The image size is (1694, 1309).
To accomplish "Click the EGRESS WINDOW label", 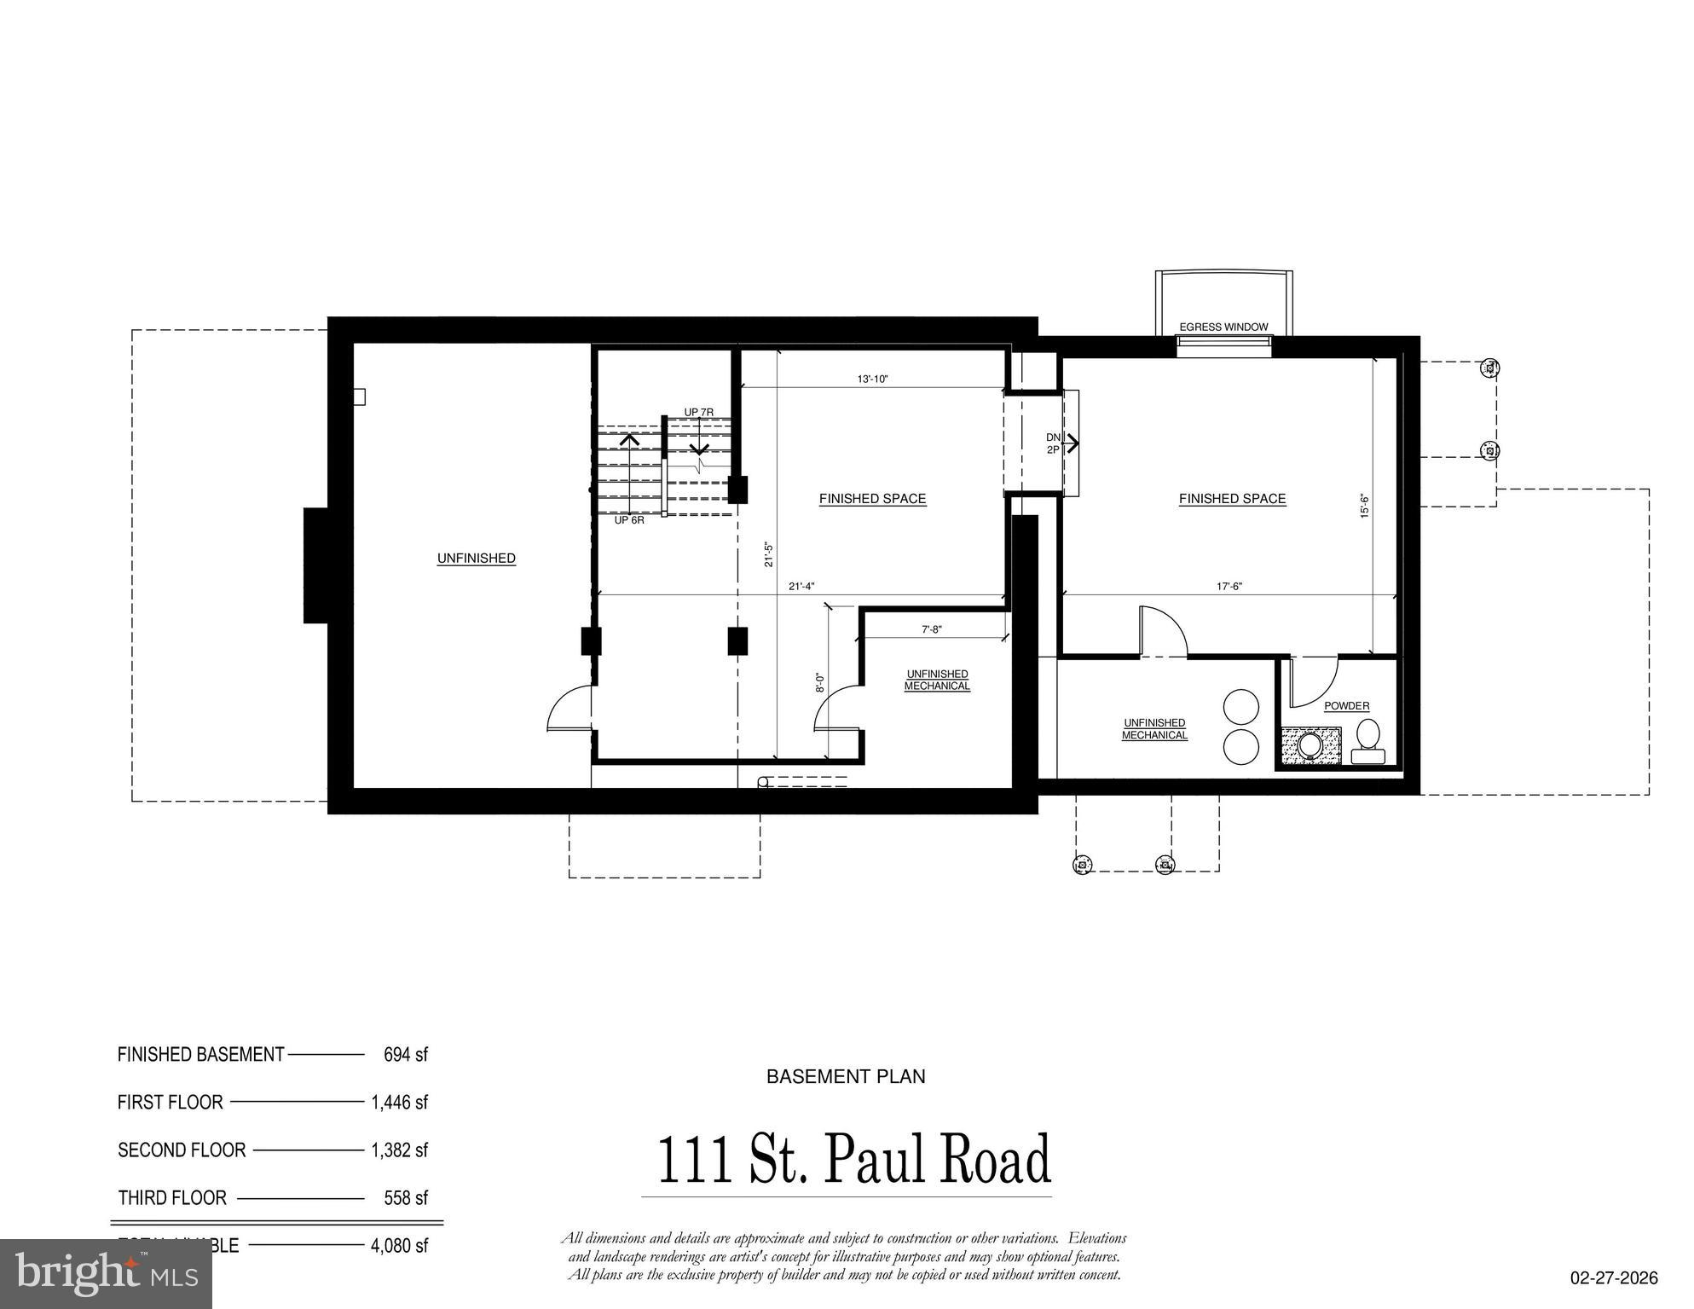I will coord(1223,327).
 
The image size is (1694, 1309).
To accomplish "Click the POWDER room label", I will coord(1346,706).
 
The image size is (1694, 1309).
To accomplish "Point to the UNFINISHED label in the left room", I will coord(476,559).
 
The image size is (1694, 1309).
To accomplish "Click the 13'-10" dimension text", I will coord(872,379).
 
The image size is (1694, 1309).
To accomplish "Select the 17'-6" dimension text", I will coord(1229,587).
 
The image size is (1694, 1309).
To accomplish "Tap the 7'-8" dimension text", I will coord(931,629).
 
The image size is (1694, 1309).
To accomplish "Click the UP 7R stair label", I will coord(698,413).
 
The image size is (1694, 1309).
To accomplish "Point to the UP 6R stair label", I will coord(629,519).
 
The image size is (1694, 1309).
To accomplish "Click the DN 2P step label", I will coord(1054,443).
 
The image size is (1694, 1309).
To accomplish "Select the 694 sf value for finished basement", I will coord(405,1055).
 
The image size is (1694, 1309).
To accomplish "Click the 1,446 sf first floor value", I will coord(399,1103).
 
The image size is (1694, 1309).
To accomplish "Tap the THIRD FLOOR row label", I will coord(172,1198).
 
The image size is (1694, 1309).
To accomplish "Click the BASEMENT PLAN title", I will coord(846,1077).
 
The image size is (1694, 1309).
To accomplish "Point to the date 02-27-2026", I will coord(1614,1278).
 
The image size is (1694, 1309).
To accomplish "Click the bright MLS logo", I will coord(106,1274).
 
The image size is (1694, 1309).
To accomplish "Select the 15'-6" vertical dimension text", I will coord(1364,506).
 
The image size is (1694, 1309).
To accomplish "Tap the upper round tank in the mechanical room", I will coord(1240,707).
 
